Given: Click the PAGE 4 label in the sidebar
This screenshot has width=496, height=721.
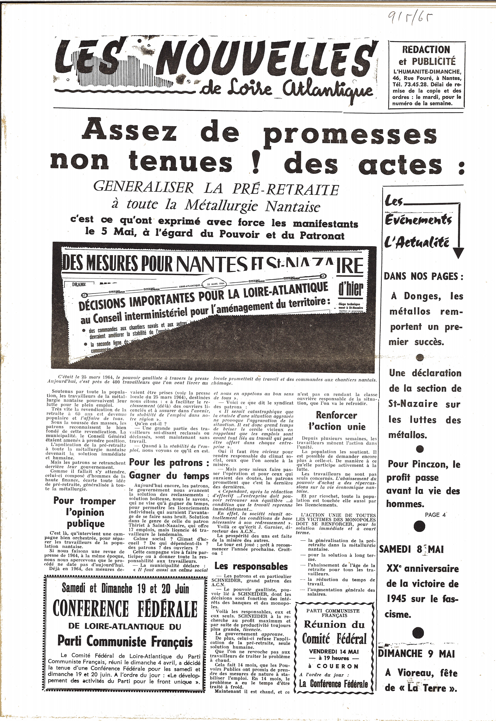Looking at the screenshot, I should [x=435, y=515].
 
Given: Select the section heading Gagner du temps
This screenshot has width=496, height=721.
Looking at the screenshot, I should [x=169, y=476].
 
